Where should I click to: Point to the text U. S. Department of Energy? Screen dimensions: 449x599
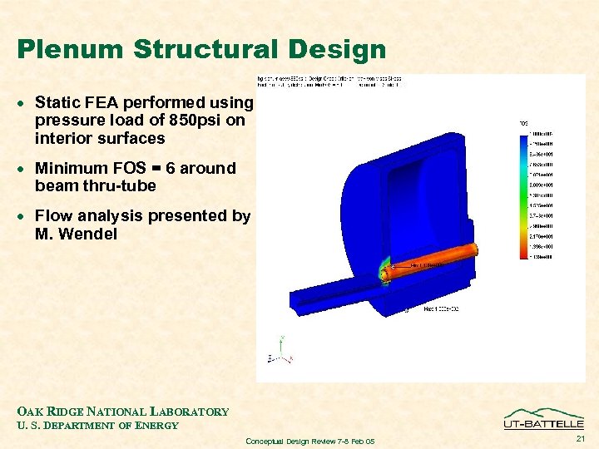coord(97,426)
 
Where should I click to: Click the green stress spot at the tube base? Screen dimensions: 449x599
coord(385,273)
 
